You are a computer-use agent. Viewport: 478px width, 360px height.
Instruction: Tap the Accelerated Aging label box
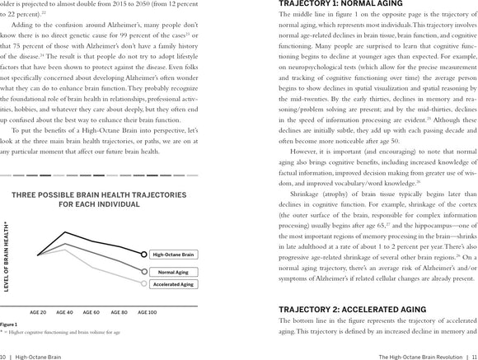click(x=175, y=284)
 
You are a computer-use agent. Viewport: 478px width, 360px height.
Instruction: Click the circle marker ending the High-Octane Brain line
click(x=145, y=255)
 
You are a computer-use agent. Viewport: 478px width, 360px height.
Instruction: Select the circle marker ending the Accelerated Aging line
click(x=145, y=284)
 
